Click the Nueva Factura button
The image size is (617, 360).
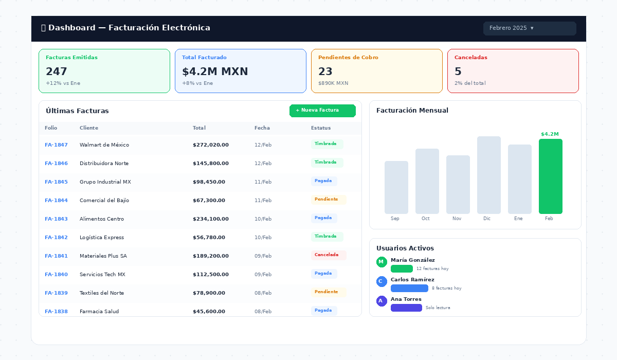[x=322, y=111]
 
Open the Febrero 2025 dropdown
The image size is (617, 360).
[x=530, y=28]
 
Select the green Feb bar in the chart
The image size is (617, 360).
[x=550, y=176]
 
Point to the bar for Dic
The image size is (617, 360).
[x=488, y=175]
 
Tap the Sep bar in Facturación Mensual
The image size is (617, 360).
[x=396, y=187]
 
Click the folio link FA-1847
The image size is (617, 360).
[x=56, y=145]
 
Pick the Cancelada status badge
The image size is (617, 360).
[x=329, y=255]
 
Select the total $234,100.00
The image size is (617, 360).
[x=211, y=219]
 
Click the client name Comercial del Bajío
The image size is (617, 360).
[x=104, y=200]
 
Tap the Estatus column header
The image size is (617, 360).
[x=321, y=128]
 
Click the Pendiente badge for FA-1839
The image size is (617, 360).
[x=329, y=292]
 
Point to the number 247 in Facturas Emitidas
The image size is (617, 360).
[x=56, y=71]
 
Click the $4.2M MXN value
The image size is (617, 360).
[x=215, y=71]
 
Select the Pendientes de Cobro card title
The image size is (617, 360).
[x=348, y=57]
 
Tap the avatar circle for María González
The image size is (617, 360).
[x=382, y=262]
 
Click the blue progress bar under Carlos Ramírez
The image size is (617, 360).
[x=409, y=288]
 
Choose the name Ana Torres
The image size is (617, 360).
[x=406, y=299]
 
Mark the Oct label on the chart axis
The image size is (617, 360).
[x=425, y=219]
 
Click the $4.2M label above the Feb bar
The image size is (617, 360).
[x=550, y=134]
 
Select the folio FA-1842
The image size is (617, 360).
[x=56, y=238]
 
